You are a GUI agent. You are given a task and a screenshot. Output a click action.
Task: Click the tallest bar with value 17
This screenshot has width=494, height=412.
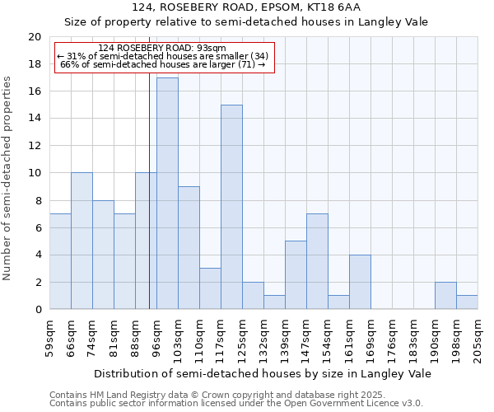click(x=167, y=194)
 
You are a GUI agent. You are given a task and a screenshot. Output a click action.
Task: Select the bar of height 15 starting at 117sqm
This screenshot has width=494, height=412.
click(x=231, y=207)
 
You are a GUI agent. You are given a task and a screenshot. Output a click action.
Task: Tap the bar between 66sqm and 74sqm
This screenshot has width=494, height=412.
click(x=82, y=241)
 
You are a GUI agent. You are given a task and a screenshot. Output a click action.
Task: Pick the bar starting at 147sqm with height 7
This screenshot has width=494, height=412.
click(x=317, y=261)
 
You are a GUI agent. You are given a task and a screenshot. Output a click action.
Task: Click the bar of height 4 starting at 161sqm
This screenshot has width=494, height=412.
click(x=360, y=282)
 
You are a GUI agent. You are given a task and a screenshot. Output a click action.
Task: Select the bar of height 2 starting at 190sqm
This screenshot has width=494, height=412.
click(x=445, y=295)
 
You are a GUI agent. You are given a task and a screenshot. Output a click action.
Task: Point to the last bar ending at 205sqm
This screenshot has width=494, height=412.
click(x=467, y=302)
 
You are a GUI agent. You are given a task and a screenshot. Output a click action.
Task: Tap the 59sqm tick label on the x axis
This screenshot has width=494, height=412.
click(x=50, y=337)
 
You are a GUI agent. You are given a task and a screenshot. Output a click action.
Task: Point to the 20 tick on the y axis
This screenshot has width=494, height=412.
click(x=35, y=37)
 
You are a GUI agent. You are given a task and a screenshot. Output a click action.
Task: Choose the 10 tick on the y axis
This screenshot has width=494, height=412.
click(x=35, y=173)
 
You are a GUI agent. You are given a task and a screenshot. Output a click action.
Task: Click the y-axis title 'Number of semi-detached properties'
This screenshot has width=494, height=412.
click(x=8, y=178)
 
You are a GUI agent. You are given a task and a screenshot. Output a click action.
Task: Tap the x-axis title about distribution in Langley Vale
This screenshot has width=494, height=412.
click(x=262, y=373)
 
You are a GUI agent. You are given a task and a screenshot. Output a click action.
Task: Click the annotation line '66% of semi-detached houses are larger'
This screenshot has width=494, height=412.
click(x=163, y=64)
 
